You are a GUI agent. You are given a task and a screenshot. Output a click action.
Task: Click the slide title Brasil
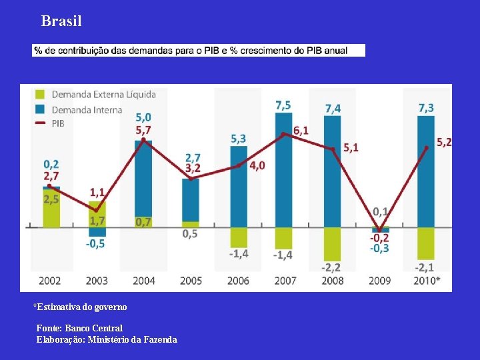click(x=61, y=21)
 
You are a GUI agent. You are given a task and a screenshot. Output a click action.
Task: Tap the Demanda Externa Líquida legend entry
click(x=103, y=95)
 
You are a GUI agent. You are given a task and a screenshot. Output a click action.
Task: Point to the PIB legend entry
click(x=58, y=123)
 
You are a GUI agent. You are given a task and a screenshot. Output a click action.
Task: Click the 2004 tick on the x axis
click(x=144, y=281)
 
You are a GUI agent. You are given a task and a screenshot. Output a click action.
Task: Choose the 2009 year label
click(x=380, y=281)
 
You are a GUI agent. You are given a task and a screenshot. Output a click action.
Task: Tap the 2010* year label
click(x=427, y=281)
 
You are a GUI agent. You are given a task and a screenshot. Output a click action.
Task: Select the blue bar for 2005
click(x=191, y=199)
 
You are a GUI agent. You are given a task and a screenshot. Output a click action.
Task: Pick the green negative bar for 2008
click(x=332, y=243)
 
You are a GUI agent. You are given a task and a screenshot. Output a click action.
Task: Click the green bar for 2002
click(x=51, y=209)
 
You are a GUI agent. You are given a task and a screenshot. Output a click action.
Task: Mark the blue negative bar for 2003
click(x=97, y=232)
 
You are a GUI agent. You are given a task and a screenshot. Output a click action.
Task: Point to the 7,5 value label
click(x=283, y=105)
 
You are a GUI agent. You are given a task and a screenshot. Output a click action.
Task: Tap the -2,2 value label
click(x=331, y=267)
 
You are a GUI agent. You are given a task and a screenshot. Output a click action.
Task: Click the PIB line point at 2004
click(x=143, y=139)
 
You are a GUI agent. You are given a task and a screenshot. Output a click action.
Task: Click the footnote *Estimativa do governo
click(x=80, y=307)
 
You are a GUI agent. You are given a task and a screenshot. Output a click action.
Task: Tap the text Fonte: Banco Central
click(x=79, y=328)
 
